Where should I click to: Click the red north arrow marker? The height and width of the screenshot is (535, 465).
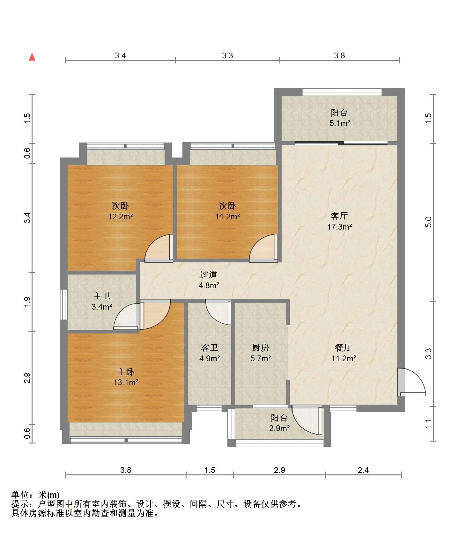click(32, 57)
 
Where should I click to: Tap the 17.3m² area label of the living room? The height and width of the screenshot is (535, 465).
click(339, 227)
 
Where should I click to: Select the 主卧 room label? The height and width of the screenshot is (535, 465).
click(126, 372)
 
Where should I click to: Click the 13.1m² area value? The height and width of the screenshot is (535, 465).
click(126, 382)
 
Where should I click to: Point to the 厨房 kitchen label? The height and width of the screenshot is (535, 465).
click(261, 348)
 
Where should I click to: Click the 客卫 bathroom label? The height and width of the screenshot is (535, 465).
click(210, 348)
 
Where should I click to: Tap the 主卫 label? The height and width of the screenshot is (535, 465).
click(102, 296)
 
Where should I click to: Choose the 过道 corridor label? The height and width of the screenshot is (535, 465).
click(209, 275)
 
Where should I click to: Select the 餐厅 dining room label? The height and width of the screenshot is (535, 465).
click(343, 348)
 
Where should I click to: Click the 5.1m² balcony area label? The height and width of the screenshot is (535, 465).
click(340, 123)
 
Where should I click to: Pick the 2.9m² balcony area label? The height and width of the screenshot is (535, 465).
click(279, 428)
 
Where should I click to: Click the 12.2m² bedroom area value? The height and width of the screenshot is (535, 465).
click(120, 217)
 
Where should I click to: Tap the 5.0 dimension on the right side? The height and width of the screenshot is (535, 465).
click(428, 222)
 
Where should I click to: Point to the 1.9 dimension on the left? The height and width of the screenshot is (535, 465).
click(27, 302)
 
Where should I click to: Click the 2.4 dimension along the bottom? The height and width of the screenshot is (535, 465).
click(363, 470)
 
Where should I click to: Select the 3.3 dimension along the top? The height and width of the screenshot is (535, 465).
click(227, 56)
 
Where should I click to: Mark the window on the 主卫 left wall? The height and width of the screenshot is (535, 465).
click(64, 304)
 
